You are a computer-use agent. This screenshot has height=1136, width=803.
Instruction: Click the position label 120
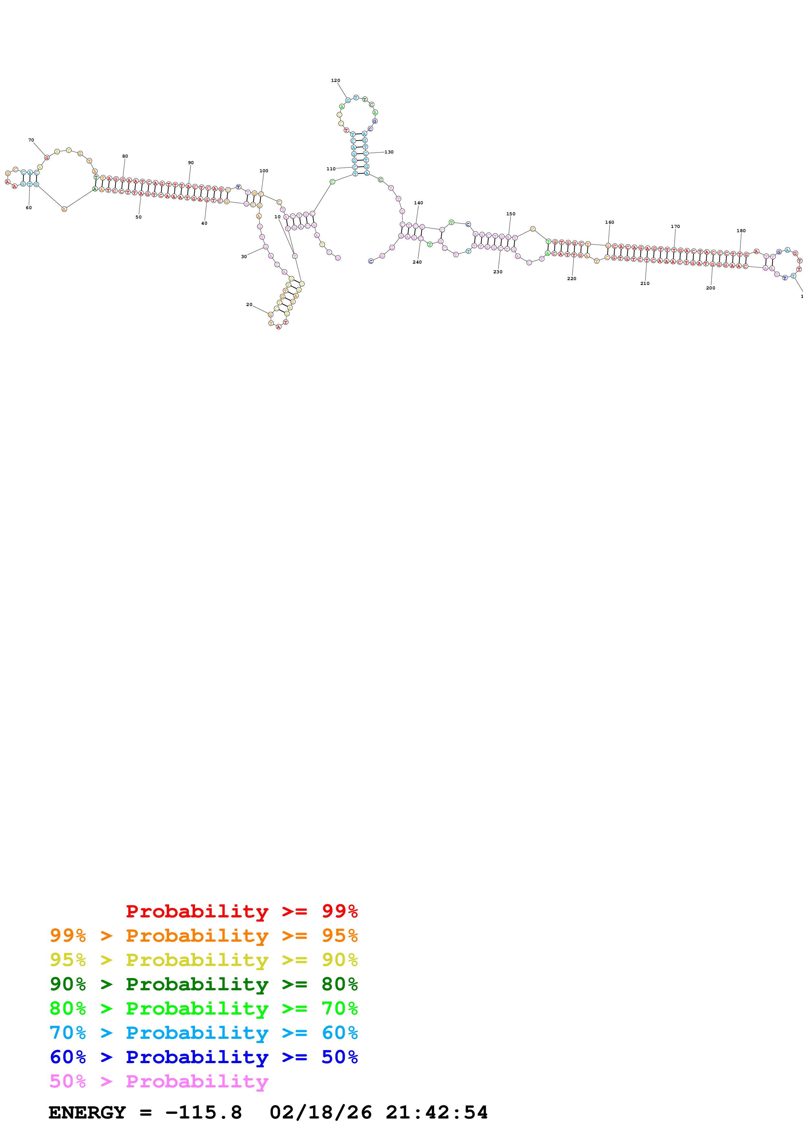tap(336, 80)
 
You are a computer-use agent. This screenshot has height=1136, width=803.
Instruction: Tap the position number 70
tap(31, 140)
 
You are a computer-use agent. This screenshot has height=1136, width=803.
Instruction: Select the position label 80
tap(125, 156)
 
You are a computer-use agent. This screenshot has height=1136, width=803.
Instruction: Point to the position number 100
tap(264, 171)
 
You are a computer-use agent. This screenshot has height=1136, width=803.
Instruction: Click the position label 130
tap(389, 152)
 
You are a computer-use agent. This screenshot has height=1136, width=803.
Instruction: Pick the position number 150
tap(510, 214)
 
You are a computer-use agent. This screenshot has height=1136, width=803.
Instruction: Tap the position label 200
tap(710, 288)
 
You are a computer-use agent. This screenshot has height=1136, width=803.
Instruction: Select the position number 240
tap(417, 262)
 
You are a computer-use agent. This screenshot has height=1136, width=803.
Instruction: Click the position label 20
tap(249, 305)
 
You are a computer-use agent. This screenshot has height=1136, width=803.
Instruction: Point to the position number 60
tap(29, 208)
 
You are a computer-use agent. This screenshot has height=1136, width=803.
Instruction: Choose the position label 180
tap(741, 231)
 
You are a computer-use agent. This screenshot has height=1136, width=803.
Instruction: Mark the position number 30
tap(244, 257)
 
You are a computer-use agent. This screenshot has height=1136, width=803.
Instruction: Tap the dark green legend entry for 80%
tap(204, 984)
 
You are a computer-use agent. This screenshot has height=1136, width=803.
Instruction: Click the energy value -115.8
tap(204, 1113)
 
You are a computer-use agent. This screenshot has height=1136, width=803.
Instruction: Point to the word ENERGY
tap(87, 1113)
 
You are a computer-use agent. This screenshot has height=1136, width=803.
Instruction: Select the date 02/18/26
tap(321, 1113)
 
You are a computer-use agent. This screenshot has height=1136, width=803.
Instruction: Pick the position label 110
tap(331, 169)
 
